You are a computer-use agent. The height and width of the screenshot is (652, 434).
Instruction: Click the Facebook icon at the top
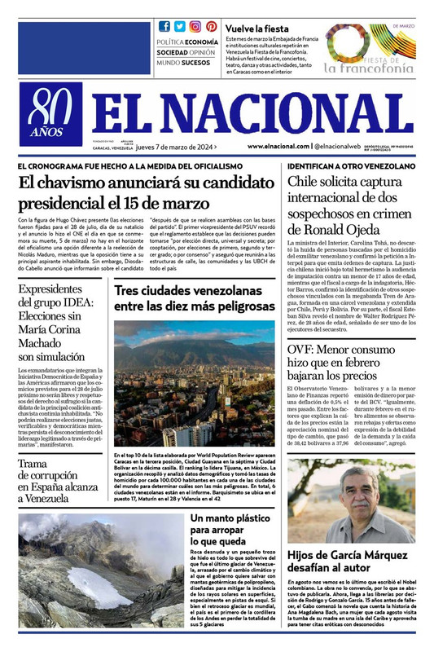tap(164, 26)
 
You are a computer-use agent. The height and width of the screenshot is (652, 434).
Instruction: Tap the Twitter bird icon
tap(180, 26)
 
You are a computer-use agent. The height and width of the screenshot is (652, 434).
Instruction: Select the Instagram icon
tap(195, 26)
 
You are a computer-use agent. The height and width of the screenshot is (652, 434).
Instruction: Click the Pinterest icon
tap(212, 26)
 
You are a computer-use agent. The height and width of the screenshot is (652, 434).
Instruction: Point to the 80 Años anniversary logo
tap(51, 117)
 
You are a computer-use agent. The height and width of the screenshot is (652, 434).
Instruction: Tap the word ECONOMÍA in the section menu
tap(201, 41)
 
